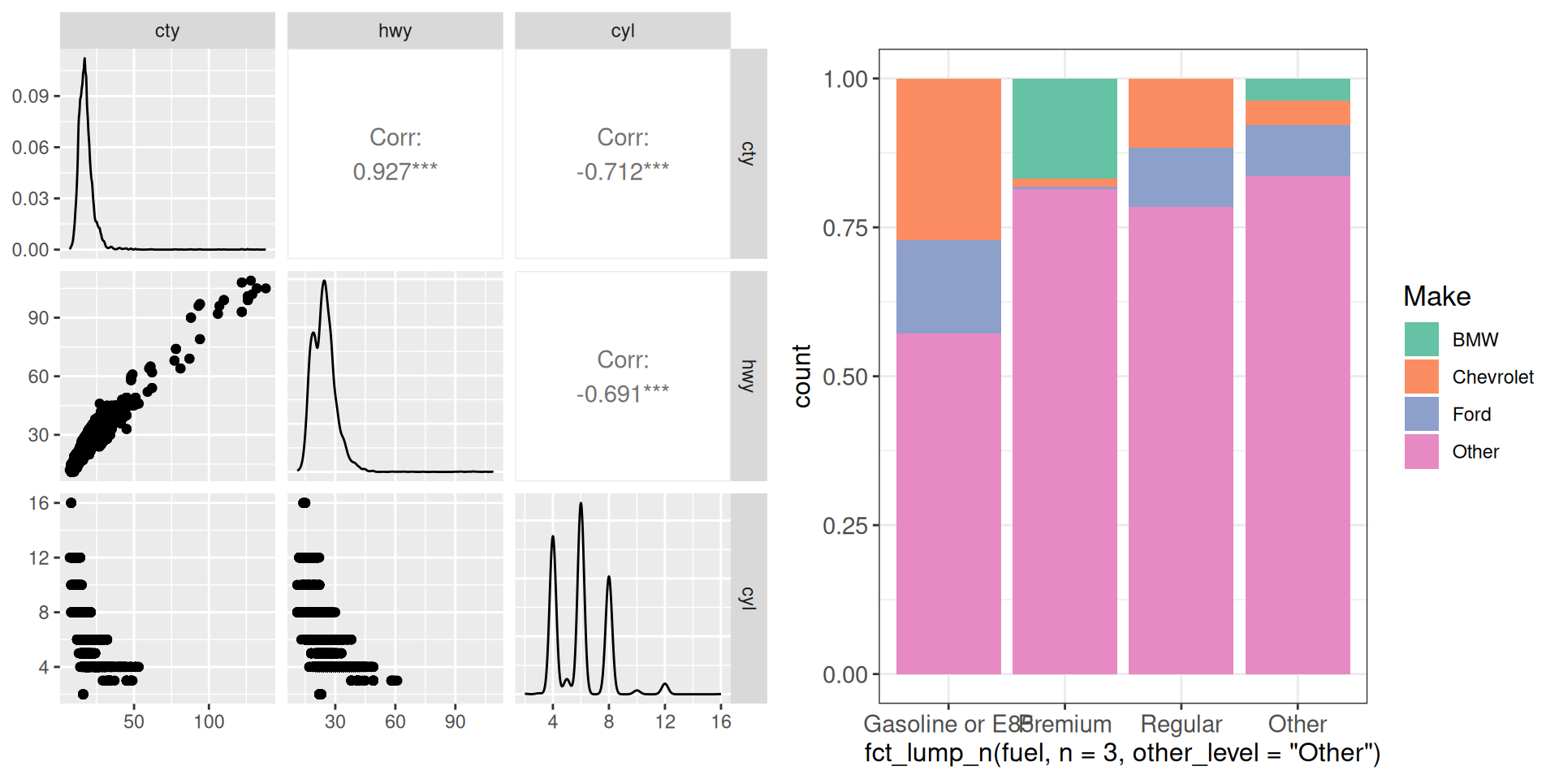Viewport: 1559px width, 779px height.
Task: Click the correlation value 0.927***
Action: click(395, 172)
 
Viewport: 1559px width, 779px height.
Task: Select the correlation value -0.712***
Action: click(622, 172)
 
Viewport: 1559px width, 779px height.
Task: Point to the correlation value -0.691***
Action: click(622, 394)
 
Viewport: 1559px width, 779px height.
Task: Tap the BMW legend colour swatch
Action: click(1421, 339)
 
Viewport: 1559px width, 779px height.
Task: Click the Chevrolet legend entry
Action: click(1492, 377)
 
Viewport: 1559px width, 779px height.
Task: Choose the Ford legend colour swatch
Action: click(1421, 414)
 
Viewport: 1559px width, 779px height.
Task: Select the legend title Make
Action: click(1436, 297)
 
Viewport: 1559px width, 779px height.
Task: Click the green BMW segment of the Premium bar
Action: click(1065, 128)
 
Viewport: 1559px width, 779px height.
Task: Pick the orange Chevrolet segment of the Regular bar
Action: click(1181, 113)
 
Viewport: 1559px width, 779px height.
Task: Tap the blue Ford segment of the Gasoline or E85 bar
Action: click(948, 286)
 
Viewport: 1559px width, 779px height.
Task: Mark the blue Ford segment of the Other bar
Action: click(1298, 150)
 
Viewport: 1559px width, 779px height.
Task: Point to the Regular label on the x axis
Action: click(1181, 724)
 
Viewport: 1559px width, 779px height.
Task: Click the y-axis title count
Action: click(802, 376)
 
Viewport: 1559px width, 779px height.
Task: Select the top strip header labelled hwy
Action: click(395, 31)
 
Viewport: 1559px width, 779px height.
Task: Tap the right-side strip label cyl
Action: click(748, 598)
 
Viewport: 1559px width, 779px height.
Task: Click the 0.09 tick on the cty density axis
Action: click(30, 97)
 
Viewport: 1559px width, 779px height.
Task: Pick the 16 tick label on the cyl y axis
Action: click(38, 503)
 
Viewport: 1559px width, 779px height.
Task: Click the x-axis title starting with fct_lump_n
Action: click(1122, 753)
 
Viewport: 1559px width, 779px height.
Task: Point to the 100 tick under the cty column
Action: click(209, 721)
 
